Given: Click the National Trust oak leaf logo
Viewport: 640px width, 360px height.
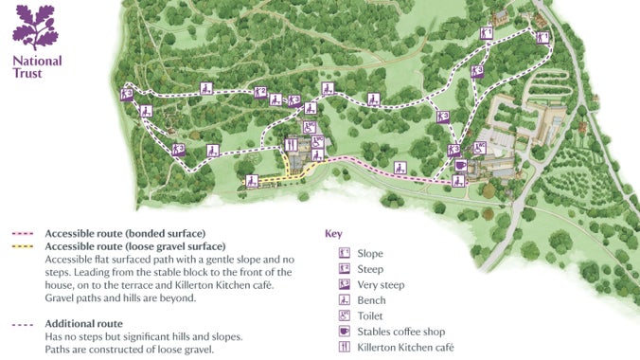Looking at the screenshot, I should [x=35, y=26].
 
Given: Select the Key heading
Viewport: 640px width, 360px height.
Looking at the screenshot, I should [x=332, y=232].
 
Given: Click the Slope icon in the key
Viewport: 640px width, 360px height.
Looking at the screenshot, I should [x=345, y=253].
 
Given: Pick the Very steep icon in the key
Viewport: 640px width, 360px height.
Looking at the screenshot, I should [x=345, y=284].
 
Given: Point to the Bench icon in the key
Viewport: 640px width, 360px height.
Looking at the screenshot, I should [x=345, y=300].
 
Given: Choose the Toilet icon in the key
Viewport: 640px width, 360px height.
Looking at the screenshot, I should [x=345, y=316].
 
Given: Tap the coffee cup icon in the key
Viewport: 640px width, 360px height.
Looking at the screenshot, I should [x=345, y=333].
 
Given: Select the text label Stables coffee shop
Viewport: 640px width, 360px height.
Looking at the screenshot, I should [x=400, y=333].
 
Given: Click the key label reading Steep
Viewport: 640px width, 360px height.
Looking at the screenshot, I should [x=371, y=269].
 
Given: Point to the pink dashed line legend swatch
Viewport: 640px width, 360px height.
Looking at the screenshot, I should [x=25, y=233].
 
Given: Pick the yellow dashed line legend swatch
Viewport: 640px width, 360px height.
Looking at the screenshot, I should [x=25, y=246].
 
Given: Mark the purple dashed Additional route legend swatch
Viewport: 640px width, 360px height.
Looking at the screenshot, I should [x=25, y=324].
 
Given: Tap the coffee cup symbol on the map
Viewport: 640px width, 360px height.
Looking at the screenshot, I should [x=460, y=165].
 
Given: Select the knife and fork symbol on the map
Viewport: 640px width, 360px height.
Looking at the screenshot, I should [x=291, y=145].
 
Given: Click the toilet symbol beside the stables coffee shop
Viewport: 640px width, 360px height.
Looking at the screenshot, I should [x=479, y=147].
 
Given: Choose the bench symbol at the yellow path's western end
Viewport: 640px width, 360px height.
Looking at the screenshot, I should [x=252, y=180].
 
